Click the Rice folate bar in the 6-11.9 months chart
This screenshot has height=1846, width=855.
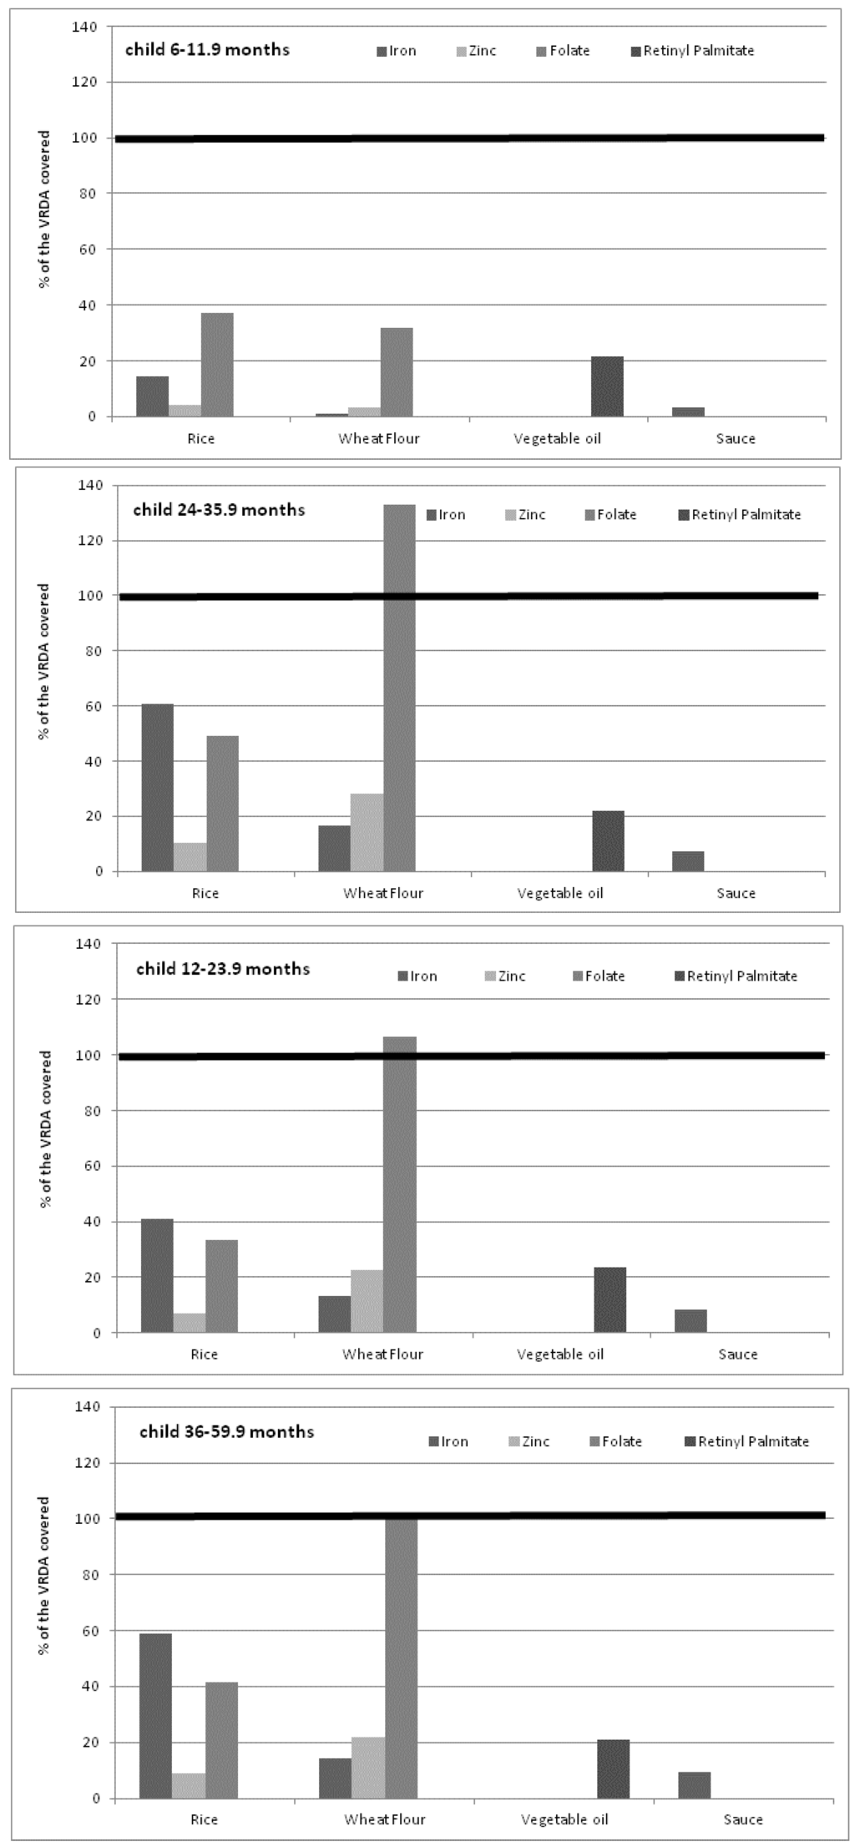217,365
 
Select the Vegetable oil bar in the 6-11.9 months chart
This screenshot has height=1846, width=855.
607,386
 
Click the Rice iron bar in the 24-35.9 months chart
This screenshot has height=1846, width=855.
158,788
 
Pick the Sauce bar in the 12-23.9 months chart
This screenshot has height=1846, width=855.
691,1321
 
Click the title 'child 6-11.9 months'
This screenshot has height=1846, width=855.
207,50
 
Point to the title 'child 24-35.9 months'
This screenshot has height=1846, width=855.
219,510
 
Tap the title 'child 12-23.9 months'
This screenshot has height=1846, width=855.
223,969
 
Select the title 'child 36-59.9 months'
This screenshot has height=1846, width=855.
226,1431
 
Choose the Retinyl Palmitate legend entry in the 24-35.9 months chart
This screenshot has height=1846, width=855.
740,515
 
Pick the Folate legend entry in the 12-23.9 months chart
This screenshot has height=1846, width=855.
599,976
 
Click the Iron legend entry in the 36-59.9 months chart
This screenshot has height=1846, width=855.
448,1441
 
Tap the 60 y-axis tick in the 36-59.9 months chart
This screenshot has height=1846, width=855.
93,1630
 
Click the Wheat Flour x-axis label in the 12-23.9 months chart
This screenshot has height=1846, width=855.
382,1354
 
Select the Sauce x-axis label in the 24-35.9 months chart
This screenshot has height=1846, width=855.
736,894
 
